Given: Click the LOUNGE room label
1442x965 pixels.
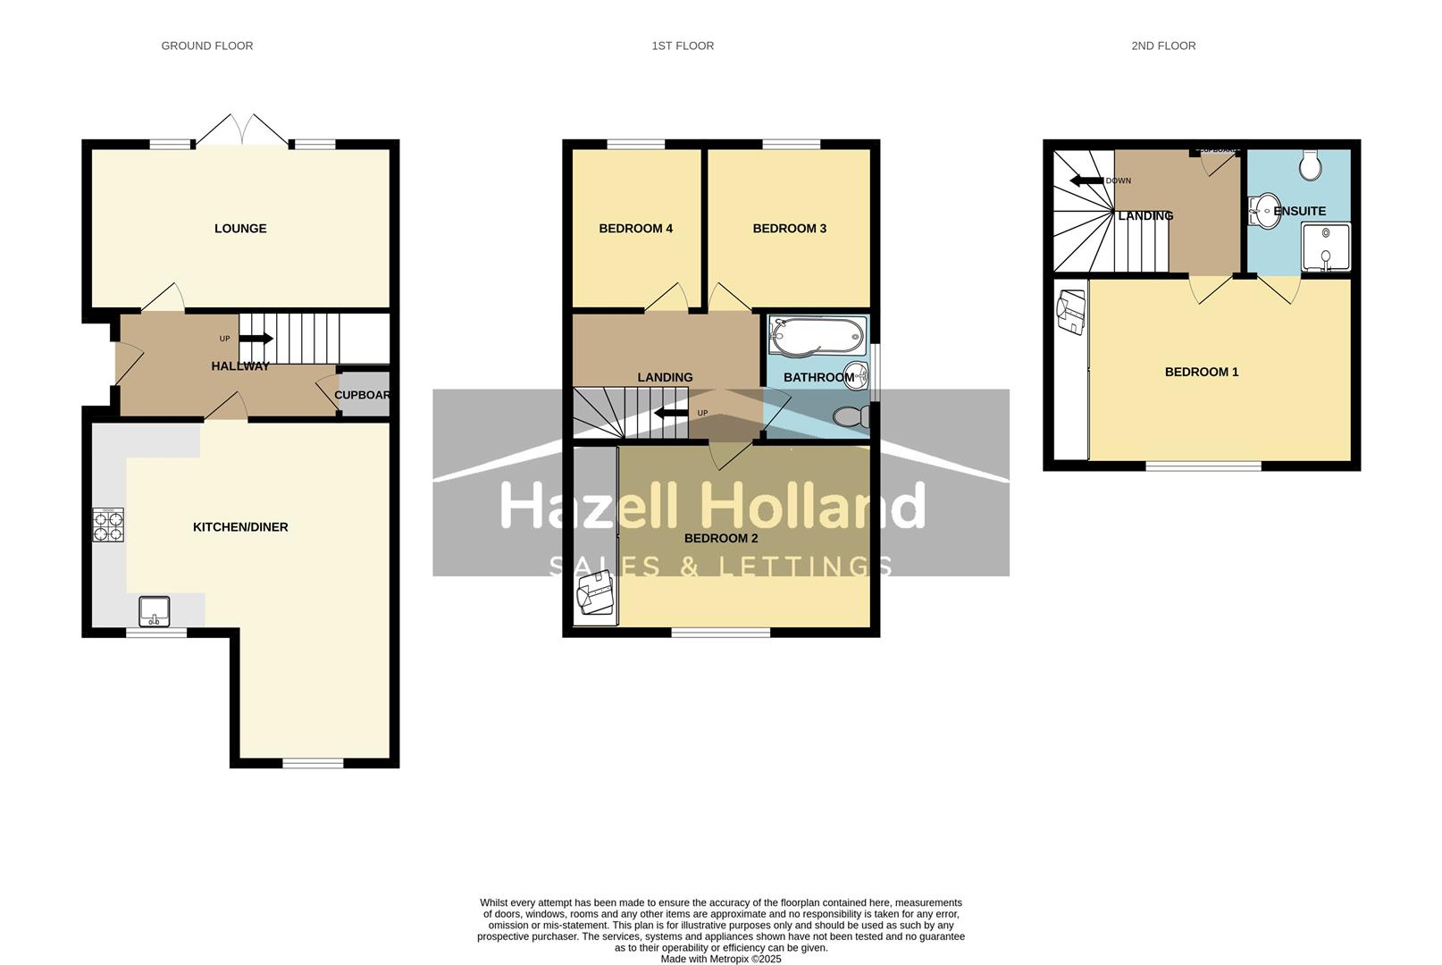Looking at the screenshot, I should [x=240, y=229].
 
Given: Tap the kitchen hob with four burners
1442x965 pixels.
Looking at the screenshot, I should [x=108, y=525].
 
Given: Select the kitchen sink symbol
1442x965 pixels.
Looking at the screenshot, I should [x=155, y=611].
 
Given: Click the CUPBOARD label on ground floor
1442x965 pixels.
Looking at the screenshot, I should [x=362, y=395].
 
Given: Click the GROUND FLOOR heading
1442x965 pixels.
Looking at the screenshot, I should [x=206, y=46].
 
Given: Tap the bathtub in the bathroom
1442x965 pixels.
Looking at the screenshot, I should [x=817, y=336].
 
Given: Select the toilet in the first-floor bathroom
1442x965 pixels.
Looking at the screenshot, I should [x=852, y=416].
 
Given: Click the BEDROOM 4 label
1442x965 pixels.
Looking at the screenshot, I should [x=635, y=229].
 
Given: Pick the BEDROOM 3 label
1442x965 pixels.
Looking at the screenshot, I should [x=789, y=229].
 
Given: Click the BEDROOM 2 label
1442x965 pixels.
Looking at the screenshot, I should [x=720, y=539].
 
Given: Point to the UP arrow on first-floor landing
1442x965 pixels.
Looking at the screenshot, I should [x=670, y=413].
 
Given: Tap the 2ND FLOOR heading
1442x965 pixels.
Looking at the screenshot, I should [x=1162, y=46].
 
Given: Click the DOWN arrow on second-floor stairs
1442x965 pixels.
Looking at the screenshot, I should [x=1086, y=180].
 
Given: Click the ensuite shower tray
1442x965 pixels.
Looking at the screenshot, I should [x=1325, y=248].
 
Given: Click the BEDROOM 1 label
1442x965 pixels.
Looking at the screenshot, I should [x=1201, y=373].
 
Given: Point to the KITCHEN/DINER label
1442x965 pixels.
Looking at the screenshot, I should [x=240, y=527].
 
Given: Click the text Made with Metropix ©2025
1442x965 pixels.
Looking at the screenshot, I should [x=720, y=959].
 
